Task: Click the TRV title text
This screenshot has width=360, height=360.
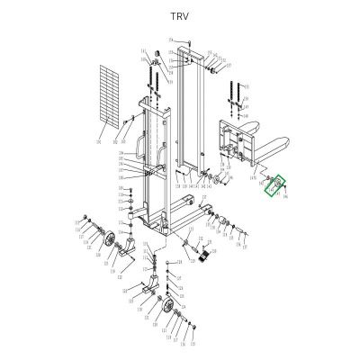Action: (179, 16)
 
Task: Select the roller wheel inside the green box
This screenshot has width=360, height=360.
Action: (274, 185)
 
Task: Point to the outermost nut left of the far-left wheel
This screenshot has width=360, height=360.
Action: (83, 218)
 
